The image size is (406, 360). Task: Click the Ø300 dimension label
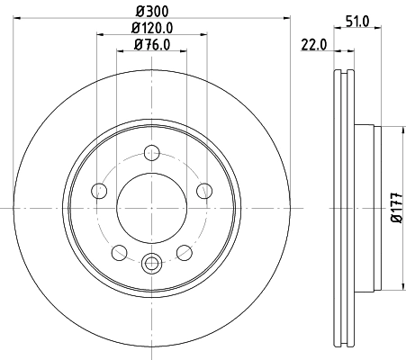coord(151,10)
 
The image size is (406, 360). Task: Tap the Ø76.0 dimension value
coord(151,45)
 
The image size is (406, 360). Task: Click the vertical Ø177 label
coord(396,207)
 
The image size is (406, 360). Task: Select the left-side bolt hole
coord(98,190)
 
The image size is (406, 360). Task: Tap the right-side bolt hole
coord(204,190)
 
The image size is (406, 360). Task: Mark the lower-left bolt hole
coord(119,252)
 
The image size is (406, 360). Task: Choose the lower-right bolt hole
coord(185,252)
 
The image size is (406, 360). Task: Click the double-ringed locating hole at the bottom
coord(151,264)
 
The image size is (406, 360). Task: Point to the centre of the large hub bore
coord(151,207)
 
